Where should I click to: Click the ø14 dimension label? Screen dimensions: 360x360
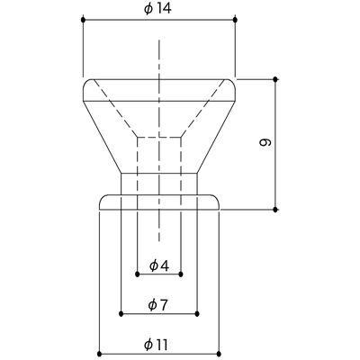point(157,9)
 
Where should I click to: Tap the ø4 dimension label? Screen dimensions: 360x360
point(159,265)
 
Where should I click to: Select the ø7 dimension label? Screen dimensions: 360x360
point(157,305)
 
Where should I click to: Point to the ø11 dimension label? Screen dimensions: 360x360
point(156,345)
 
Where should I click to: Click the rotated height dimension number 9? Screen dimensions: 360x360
point(265,142)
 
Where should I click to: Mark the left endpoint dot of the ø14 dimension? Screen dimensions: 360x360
point(83,20)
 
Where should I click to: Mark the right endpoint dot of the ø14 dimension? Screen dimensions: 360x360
point(235,20)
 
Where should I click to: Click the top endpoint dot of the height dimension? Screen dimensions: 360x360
point(275,79)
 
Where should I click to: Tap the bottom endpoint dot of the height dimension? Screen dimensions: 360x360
point(275,210)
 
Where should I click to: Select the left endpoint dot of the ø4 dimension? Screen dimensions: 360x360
point(137,274)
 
